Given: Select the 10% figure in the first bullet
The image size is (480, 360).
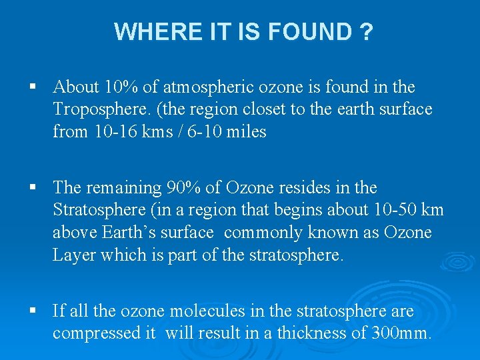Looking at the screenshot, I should point(117,87).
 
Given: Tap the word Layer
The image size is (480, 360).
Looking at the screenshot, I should point(73,256).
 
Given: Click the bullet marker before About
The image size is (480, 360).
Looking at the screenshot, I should point(33,87).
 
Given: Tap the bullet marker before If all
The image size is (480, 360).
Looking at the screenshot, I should point(33,311).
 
